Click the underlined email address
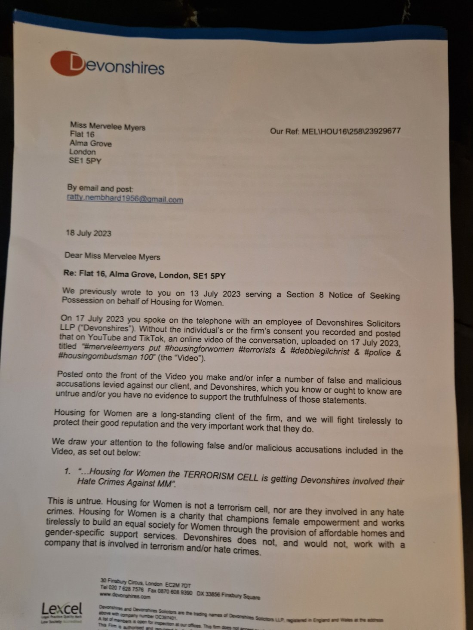click(125, 199)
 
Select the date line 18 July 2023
click(89, 233)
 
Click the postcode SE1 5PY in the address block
click(86, 161)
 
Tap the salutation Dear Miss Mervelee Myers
click(112, 257)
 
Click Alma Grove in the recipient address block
click(90, 144)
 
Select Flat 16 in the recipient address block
click(82, 135)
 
